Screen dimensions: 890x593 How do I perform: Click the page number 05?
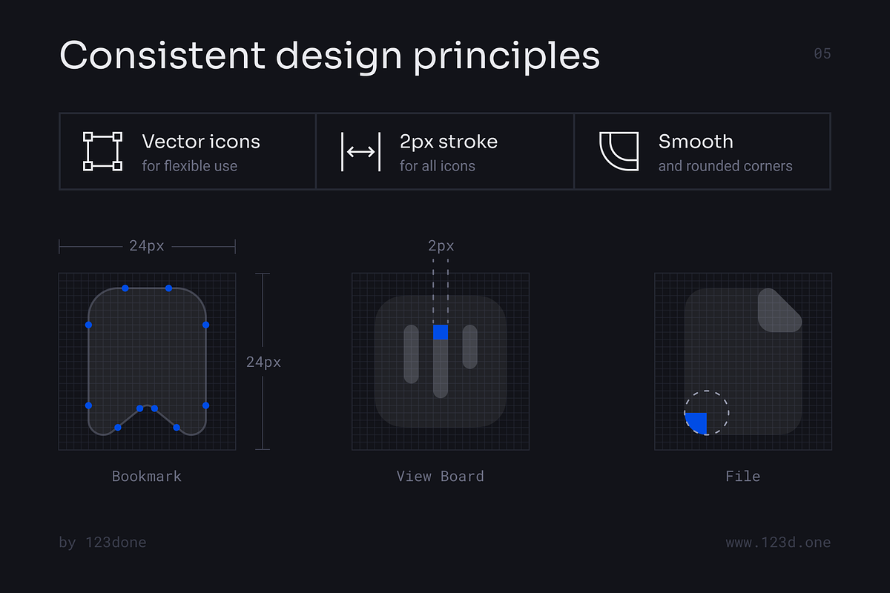pos(822,53)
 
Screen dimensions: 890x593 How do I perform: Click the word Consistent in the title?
pos(162,55)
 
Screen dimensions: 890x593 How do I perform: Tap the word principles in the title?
pos(507,58)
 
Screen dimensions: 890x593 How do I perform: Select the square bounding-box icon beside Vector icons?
pos(102,151)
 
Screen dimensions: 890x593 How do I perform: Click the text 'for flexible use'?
pos(190,166)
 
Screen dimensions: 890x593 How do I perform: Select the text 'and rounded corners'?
pos(725,166)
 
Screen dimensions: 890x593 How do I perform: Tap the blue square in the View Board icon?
pos(441,332)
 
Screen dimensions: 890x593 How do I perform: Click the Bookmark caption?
pos(147,476)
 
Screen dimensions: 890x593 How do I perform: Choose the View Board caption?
pos(441,476)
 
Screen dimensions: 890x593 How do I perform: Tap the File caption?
pos(742,476)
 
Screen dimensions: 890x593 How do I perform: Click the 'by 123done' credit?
pos(102,543)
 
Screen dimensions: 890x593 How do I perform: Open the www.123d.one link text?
pos(778,543)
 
